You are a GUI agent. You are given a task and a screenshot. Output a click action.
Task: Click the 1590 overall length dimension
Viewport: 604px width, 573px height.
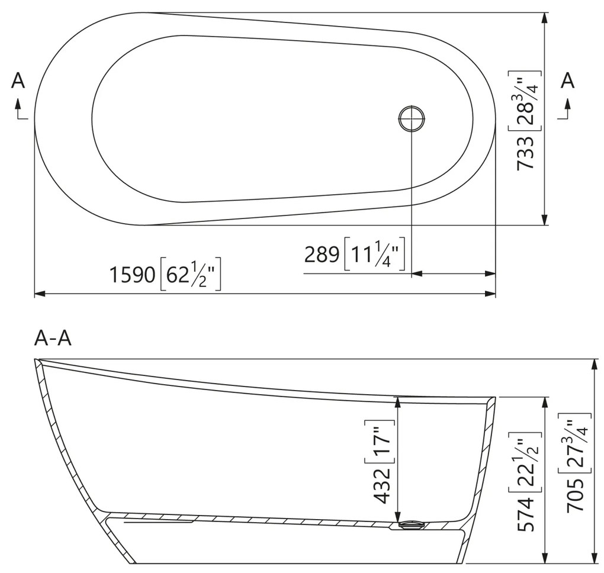(x=132, y=275)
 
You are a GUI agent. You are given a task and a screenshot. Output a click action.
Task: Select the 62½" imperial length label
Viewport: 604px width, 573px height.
(x=191, y=275)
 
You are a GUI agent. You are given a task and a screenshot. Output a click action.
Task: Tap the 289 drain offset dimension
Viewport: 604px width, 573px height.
(x=322, y=255)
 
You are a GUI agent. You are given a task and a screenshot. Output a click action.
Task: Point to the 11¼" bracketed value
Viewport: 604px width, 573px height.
(x=374, y=255)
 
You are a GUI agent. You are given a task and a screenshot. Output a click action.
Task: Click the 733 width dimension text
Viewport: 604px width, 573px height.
(x=526, y=153)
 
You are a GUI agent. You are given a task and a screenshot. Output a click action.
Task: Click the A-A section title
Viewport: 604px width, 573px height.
(x=53, y=338)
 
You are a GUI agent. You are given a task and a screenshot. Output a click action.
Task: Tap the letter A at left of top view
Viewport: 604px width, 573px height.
(x=18, y=81)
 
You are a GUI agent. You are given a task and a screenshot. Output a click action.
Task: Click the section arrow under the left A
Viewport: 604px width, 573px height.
(x=20, y=110)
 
